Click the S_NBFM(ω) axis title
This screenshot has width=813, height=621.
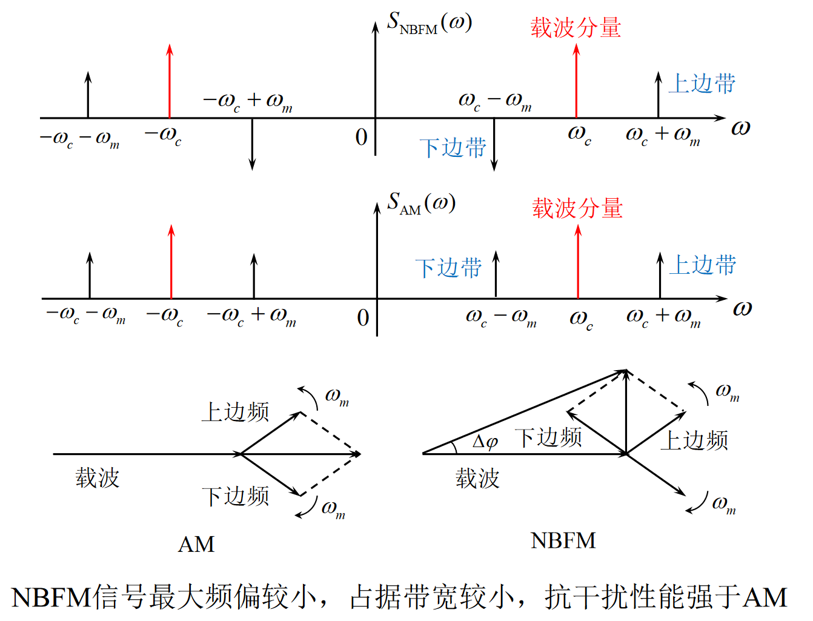[x=430, y=24]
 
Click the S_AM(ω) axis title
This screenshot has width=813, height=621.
[x=422, y=204]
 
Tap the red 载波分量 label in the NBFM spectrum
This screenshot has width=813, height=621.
[x=576, y=28]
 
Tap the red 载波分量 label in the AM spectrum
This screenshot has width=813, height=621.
[x=577, y=208]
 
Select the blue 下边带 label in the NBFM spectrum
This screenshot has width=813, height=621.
[x=453, y=148]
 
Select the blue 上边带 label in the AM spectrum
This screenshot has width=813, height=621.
[x=703, y=265]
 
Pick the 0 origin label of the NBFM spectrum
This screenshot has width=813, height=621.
[x=362, y=138]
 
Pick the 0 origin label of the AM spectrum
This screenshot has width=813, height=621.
[x=363, y=318]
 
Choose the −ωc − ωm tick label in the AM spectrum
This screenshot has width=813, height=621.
[x=85, y=315]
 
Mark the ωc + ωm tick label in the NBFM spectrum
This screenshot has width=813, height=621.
[x=663, y=135]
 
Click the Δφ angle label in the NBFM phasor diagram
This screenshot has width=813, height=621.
[x=485, y=442]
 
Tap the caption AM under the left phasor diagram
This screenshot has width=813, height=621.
[x=196, y=544]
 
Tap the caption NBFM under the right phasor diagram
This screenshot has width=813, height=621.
[x=563, y=540]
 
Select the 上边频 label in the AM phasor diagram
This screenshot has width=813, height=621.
[x=235, y=412]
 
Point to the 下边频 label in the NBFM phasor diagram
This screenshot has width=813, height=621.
[x=548, y=437]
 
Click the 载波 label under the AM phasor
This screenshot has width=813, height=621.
[x=98, y=478]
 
